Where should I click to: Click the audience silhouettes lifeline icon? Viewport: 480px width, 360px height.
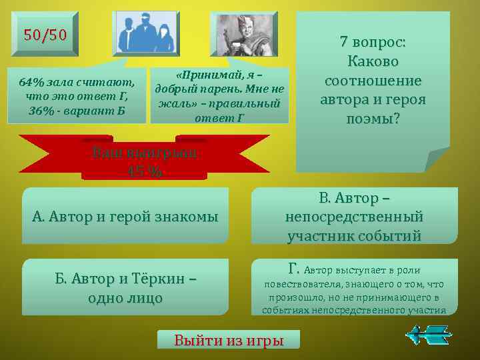coord(146,33)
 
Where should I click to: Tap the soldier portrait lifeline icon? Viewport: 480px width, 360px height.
coord(242,33)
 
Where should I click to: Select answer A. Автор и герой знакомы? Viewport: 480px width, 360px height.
coord(125,216)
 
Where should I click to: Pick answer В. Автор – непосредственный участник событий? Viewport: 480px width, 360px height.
coord(354,216)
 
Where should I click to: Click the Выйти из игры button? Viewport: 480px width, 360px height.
coord(229,340)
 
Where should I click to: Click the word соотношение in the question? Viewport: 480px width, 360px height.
coord(373,81)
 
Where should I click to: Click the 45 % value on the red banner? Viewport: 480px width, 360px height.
coord(144,170)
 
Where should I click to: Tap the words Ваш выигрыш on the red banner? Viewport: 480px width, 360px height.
coord(144,152)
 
